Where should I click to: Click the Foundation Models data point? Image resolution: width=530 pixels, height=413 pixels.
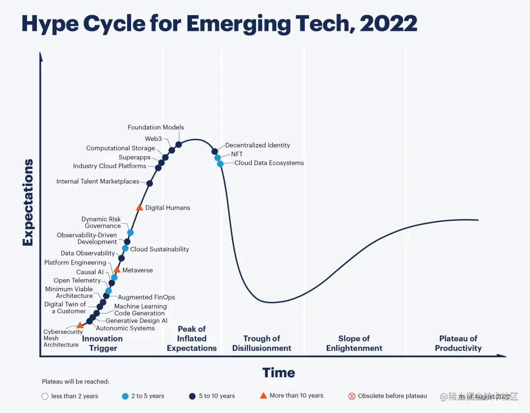(x=179, y=145)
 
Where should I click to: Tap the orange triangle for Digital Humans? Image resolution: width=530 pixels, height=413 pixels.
(x=139, y=208)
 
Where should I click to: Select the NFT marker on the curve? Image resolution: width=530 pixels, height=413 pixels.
(x=217, y=158)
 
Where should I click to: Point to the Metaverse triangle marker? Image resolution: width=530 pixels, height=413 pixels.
(x=117, y=270)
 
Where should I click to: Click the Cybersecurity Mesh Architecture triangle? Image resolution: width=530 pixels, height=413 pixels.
(x=80, y=325)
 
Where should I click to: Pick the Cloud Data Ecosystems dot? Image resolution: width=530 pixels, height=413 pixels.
(x=220, y=164)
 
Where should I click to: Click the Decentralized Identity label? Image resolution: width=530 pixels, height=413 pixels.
(x=258, y=145)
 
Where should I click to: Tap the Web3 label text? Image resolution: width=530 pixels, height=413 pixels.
(x=153, y=139)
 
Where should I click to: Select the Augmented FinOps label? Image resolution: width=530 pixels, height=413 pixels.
(x=146, y=297)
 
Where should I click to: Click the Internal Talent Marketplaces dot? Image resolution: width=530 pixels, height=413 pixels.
(x=150, y=183)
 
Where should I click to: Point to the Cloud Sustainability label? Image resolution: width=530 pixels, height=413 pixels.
(x=159, y=249)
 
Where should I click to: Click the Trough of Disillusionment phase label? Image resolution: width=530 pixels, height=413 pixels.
(x=262, y=343)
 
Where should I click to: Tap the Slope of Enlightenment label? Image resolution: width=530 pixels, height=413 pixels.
(x=354, y=343)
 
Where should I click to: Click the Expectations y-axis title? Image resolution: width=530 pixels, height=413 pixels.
(x=28, y=202)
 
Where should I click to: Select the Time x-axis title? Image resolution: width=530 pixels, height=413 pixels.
(x=278, y=373)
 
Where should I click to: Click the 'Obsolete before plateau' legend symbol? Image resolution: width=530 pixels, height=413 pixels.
(x=351, y=396)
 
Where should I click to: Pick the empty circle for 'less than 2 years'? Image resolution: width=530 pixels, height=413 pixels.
(x=45, y=396)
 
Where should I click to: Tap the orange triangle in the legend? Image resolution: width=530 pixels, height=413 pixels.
(x=264, y=396)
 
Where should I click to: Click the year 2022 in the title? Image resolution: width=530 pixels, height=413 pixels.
(x=388, y=24)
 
